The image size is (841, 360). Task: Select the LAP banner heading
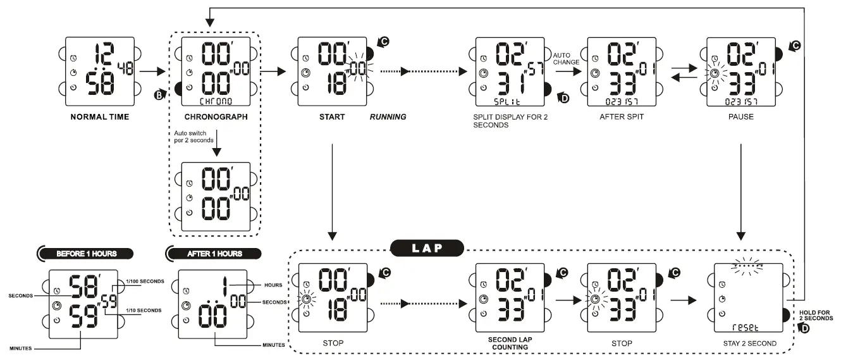click(x=427, y=248)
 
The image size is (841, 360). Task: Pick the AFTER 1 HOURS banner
click(x=215, y=254)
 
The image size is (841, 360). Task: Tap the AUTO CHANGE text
click(x=566, y=58)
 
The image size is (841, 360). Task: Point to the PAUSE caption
click(x=740, y=117)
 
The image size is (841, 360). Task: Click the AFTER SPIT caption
click(x=622, y=117)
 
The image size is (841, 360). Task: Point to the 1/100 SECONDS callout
click(x=145, y=281)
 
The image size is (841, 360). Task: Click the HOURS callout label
click(x=273, y=285)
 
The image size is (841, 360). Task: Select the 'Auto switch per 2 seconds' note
click(x=193, y=136)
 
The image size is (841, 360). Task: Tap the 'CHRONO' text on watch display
click(x=216, y=101)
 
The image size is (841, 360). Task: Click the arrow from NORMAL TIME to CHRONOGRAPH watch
click(x=152, y=71)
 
